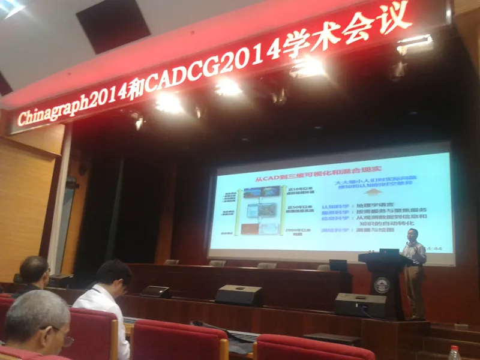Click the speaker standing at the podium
[x=414, y=270]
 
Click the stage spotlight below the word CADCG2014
[x=229, y=88]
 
